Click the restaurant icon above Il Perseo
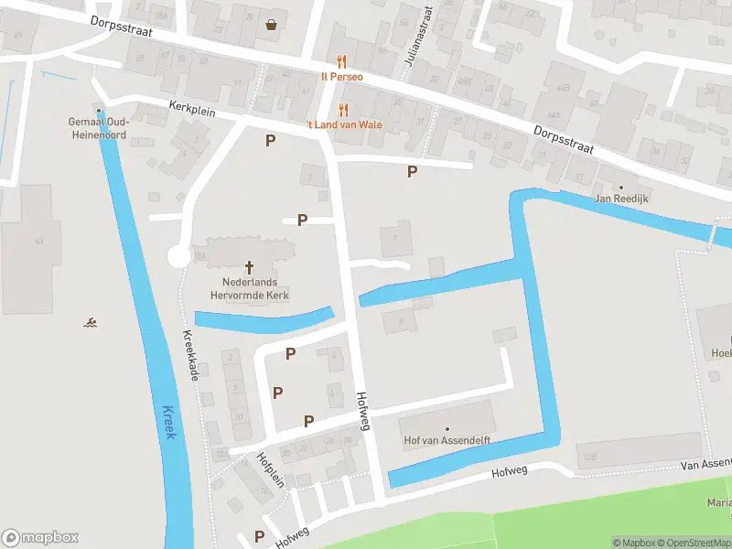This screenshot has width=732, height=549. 342,61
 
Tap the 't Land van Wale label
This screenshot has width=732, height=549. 344,124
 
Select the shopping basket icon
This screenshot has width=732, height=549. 272,25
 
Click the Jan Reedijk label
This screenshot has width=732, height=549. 621,199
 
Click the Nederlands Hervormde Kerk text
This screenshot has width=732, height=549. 250,289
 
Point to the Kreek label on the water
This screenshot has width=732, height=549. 167,422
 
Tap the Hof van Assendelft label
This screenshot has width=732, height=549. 447,441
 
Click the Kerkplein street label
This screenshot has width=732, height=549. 190,108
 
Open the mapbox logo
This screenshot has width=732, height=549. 40,538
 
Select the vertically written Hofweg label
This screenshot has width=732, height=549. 363,411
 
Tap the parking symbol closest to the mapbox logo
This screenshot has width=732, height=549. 260,535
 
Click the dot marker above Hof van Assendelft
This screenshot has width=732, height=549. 447,428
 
